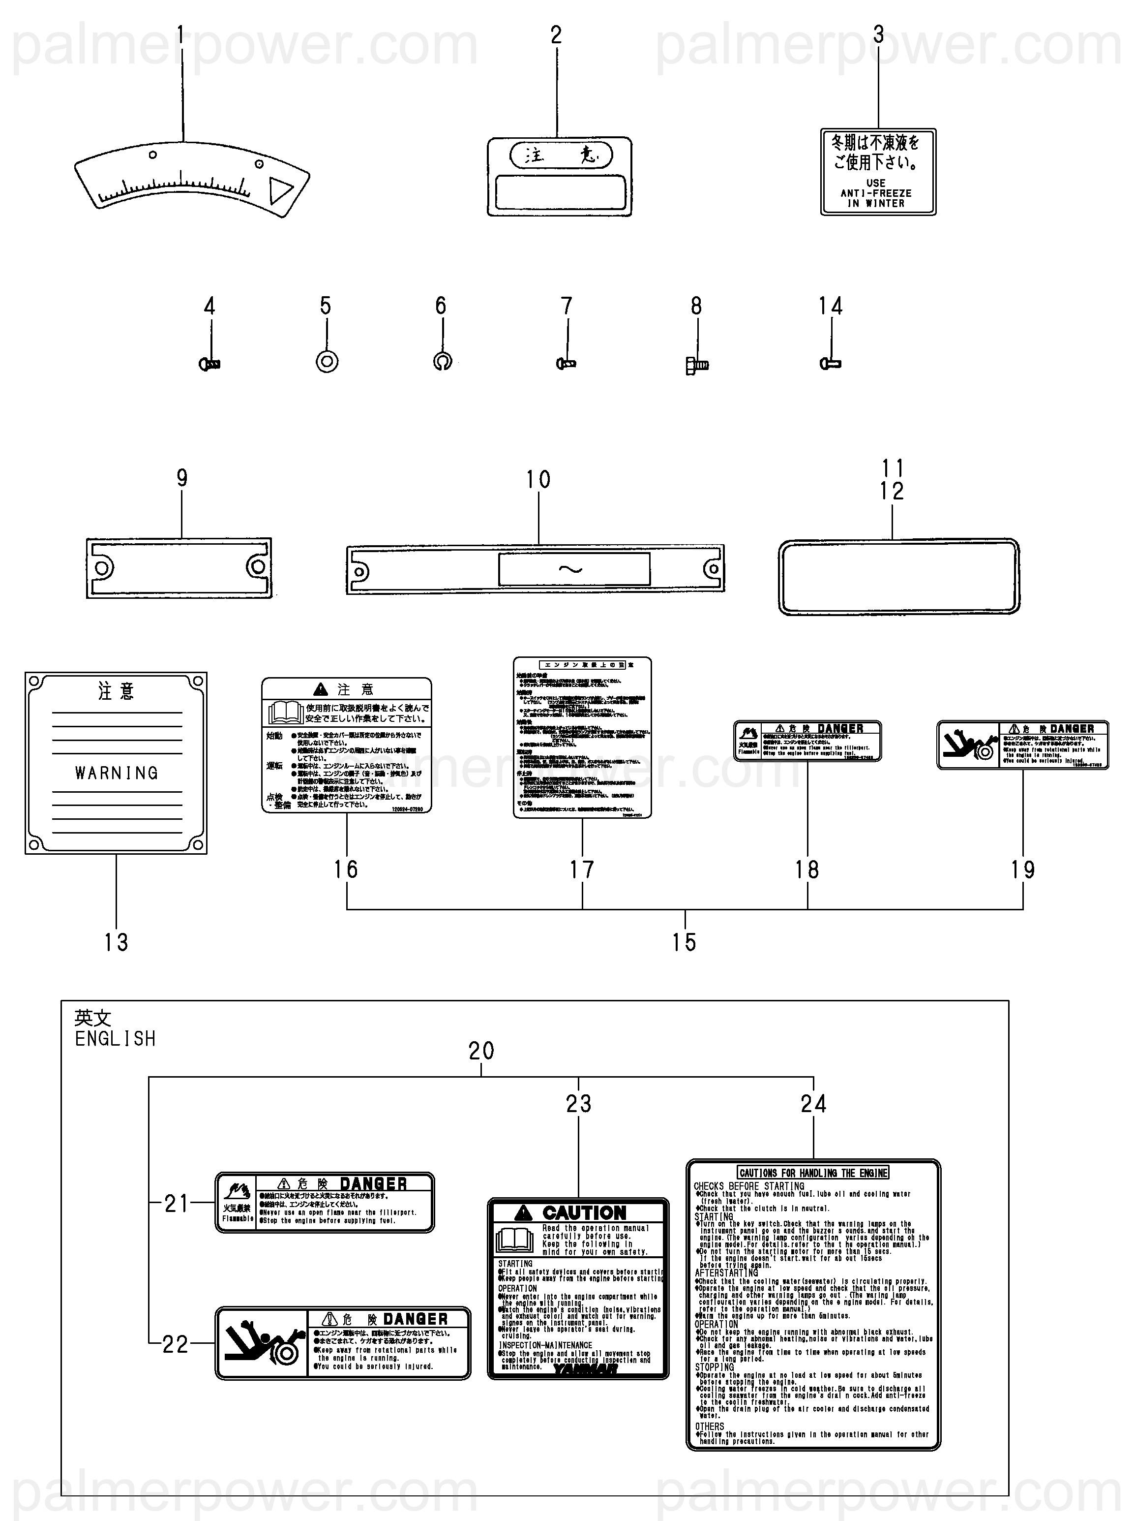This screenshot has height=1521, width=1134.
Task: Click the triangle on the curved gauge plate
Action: pos(280,190)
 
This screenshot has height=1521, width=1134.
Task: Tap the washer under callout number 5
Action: pos(327,361)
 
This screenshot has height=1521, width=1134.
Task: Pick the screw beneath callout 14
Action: pos(831,363)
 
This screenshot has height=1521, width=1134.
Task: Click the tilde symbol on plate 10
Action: pos(570,569)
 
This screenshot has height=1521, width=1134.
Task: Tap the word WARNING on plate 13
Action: pos(117,773)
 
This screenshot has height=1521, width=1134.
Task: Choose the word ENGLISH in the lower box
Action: pos(116,1039)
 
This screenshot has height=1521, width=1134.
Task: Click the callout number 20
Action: pos(481,1051)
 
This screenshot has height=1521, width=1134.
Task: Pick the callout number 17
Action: pos(582,870)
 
